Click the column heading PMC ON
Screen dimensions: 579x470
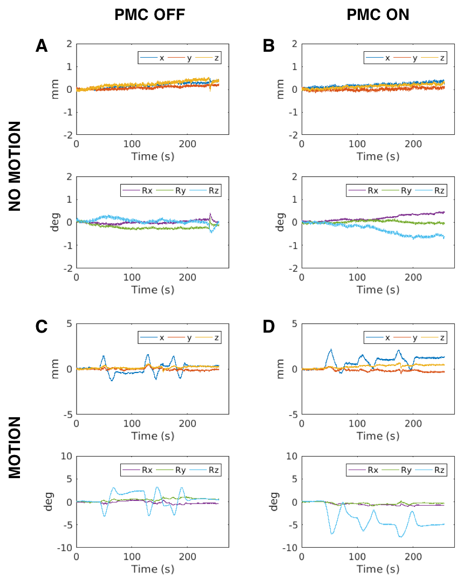tap(377, 15)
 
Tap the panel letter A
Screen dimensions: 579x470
tap(42, 46)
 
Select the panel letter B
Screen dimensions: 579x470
tap(269, 46)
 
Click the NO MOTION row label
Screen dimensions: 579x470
tap(15, 166)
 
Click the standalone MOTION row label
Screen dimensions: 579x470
tap(15, 447)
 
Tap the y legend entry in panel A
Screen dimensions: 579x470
tap(189, 58)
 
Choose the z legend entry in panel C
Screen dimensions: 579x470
tap(217, 338)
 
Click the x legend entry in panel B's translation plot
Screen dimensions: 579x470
tap(387, 58)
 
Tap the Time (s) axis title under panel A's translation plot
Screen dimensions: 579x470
tap(152, 157)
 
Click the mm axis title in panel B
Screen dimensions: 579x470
tap(280, 89)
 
